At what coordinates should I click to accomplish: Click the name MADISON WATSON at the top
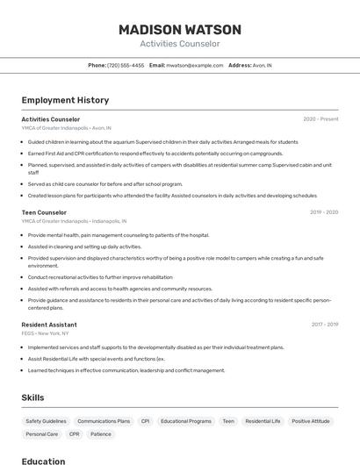(180, 29)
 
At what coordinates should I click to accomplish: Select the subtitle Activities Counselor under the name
(180, 44)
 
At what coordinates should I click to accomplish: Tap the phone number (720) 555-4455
(126, 65)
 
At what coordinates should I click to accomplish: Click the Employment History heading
(65, 100)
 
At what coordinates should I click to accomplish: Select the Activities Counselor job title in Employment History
(50, 118)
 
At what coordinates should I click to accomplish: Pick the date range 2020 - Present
(320, 118)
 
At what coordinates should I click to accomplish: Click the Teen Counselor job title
(44, 212)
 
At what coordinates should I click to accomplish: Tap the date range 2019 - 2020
(324, 212)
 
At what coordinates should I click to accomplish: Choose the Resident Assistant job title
(49, 325)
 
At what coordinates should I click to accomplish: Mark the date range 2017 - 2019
(324, 325)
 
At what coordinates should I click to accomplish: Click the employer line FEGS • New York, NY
(46, 333)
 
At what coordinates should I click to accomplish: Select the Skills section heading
(32, 397)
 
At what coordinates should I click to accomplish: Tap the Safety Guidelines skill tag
(46, 421)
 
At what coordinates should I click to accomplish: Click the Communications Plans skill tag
(104, 421)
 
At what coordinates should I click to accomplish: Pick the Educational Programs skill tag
(186, 421)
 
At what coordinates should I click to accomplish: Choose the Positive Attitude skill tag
(311, 421)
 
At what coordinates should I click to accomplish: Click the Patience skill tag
(101, 434)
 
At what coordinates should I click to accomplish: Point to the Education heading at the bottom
(43, 461)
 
